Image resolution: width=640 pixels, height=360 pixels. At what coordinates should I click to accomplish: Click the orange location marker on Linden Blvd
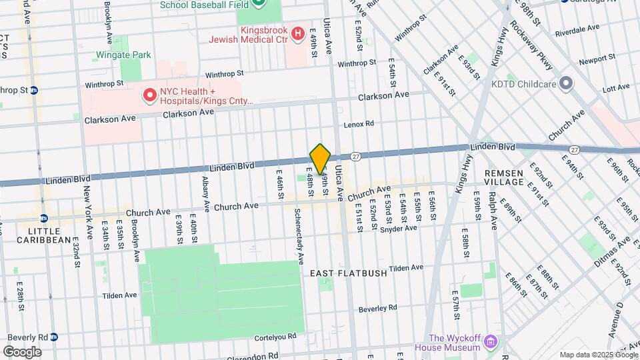[320, 159]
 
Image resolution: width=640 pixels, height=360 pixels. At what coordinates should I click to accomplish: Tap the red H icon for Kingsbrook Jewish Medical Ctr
[297, 32]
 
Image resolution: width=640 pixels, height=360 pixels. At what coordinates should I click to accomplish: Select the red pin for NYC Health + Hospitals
[150, 96]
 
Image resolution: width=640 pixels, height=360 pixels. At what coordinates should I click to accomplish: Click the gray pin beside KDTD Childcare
[566, 83]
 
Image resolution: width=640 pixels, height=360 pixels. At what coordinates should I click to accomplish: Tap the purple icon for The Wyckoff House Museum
[491, 342]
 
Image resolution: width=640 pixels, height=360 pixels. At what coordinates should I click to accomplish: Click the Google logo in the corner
[22, 352]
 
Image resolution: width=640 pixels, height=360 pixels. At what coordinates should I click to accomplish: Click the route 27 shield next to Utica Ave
[356, 156]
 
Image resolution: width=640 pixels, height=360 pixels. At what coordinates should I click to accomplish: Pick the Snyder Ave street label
[398, 228]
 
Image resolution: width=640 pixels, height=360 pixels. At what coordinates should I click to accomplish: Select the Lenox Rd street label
[359, 125]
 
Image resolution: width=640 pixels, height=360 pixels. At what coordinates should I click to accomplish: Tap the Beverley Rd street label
[377, 308]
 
